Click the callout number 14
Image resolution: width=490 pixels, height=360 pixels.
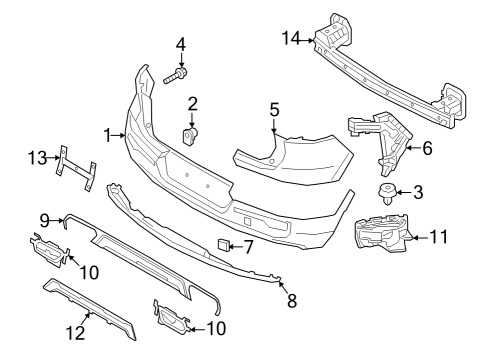point(290,38)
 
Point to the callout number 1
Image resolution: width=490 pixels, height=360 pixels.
point(108,133)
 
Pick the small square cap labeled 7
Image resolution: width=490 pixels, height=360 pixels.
point(223,244)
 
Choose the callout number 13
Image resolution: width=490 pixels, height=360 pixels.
point(37,156)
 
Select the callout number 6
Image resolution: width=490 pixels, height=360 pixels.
point(427,149)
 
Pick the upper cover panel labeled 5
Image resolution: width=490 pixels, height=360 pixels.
point(300,160)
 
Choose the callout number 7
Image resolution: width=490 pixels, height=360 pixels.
point(249,245)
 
